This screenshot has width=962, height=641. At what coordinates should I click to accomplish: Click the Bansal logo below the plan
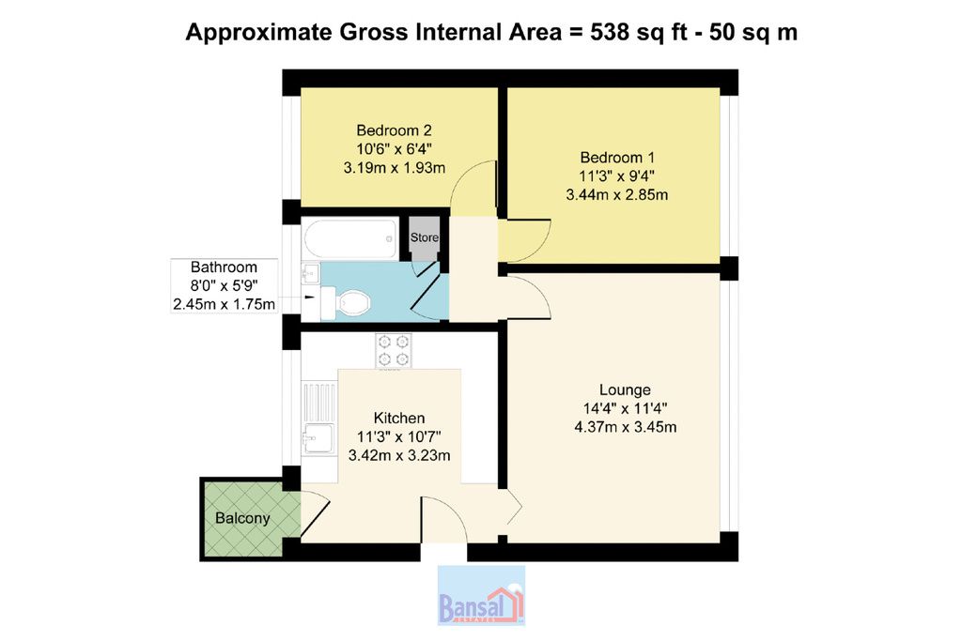pos(481,596)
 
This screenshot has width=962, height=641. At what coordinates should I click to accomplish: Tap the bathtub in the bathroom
pos(350,239)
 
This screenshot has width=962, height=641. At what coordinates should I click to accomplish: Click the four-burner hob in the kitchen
pos(394,350)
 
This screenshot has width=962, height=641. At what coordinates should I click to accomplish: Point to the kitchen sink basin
pos(318,438)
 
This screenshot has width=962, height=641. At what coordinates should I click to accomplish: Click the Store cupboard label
pos(425,237)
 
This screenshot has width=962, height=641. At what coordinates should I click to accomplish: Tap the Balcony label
pos(242,518)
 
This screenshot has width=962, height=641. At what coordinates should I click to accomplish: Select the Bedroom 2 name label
pos(394,130)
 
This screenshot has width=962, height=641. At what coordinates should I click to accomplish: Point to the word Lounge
pos(625,389)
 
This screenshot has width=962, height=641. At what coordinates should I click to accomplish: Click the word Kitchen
pos(399,418)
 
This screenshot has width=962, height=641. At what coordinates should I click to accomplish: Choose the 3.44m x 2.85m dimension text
pos(617,195)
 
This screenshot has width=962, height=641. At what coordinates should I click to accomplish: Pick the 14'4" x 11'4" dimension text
pos(625,408)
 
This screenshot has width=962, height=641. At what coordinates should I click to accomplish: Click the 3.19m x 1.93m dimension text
pos(395,167)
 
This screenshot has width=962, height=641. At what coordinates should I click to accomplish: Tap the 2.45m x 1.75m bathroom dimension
pos(224,304)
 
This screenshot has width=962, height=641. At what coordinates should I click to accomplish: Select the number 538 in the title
pos(609,32)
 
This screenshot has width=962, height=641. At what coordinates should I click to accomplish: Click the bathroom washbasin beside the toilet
pos(310,273)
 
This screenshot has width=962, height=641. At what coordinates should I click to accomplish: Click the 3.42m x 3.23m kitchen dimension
pos(399,455)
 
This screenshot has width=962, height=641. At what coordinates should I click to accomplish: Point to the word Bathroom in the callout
pos(224,267)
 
